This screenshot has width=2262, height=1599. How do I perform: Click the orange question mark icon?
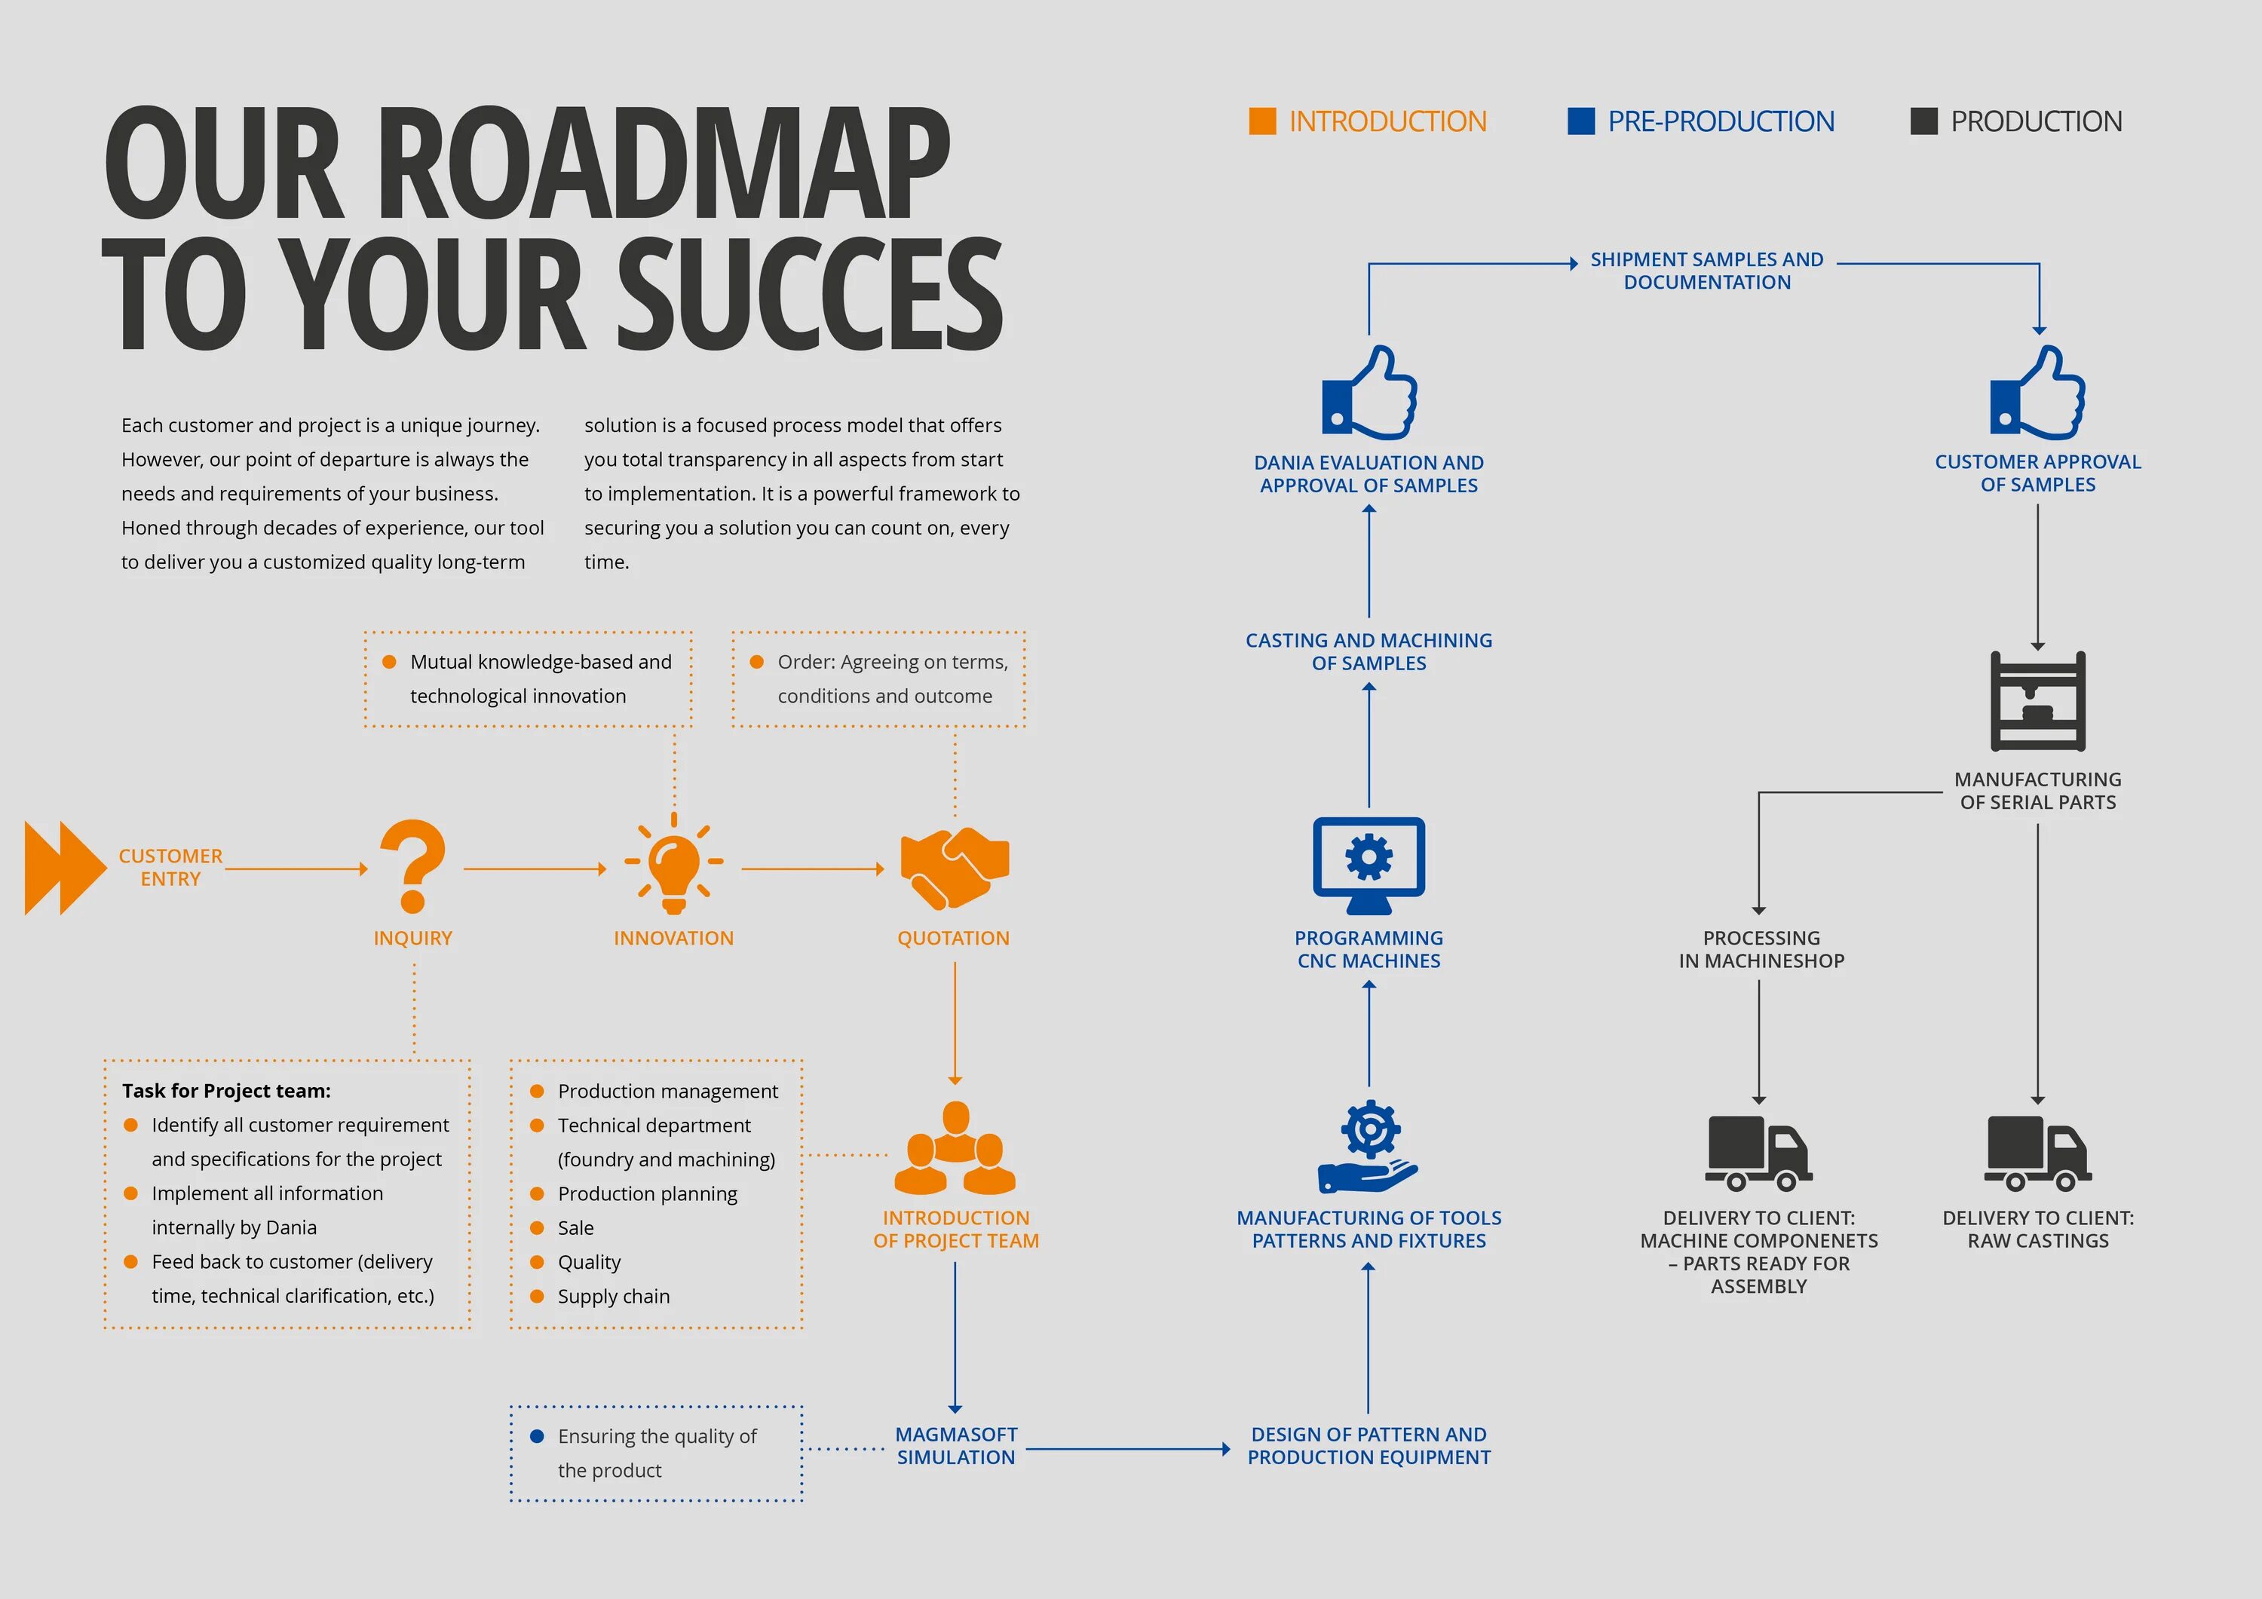click(x=412, y=866)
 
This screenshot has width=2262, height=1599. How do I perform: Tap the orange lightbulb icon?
click(x=674, y=864)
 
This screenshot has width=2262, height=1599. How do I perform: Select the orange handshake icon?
click(x=954, y=866)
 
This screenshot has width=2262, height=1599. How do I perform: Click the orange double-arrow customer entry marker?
click(x=65, y=868)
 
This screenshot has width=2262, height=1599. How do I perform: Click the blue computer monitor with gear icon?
click(x=1369, y=864)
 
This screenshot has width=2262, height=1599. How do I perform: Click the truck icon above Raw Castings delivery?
click(x=2037, y=1153)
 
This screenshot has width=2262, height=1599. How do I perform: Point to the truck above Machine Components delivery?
click(x=1758, y=1153)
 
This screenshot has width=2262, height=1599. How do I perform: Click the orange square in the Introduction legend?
click(x=1262, y=121)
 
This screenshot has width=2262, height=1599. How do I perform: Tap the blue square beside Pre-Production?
click(x=1580, y=121)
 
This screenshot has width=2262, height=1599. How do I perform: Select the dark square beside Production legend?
click(x=1923, y=121)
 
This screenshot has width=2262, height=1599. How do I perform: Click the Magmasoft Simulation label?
click(x=955, y=1445)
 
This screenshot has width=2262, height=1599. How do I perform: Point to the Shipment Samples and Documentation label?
click(x=1706, y=271)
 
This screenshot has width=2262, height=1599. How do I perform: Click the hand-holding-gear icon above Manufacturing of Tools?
click(x=1369, y=1147)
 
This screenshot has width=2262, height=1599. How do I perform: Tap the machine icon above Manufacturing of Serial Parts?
click(x=2037, y=701)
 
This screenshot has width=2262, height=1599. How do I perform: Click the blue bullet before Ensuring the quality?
click(x=537, y=1436)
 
